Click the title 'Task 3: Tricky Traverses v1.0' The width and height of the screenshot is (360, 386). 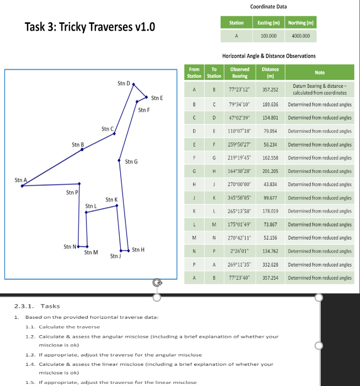click(90, 27)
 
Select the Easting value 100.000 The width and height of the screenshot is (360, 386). click(268, 36)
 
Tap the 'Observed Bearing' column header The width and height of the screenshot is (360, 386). click(240, 72)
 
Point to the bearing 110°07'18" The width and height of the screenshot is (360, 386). click(240, 131)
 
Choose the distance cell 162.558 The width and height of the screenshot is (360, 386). click(270, 158)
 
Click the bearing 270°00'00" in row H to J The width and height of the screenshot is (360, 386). click(240, 184)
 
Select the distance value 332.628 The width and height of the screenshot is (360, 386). click(270, 264)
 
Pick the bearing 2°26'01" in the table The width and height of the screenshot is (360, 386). click(240, 251)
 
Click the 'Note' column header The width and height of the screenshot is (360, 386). click(319, 72)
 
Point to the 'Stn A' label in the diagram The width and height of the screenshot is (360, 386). click(21, 180)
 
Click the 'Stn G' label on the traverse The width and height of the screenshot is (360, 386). click(132, 161)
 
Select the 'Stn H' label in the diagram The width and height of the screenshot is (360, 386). click(138, 250)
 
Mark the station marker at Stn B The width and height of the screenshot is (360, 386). click(82, 150)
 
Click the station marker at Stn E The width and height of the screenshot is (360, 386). click(147, 97)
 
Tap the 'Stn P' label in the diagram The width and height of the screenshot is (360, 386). click(72, 192)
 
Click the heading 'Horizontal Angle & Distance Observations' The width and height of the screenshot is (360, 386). click(268, 56)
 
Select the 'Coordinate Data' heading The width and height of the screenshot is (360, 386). click(268, 6)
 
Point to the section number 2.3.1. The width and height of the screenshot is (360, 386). click(24, 306)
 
